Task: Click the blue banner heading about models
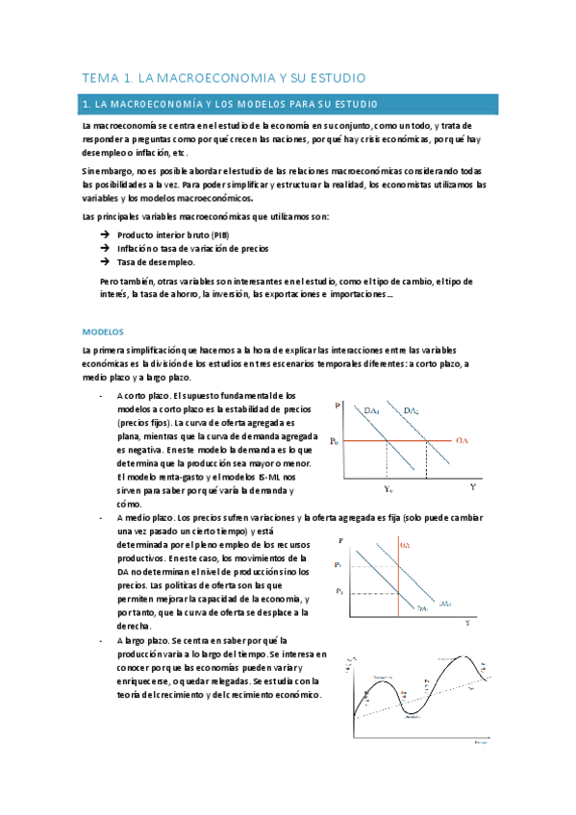tap(288, 104)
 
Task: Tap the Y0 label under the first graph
tap(388, 489)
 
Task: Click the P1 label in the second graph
tap(338, 564)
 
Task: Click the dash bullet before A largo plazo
tap(101, 639)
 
